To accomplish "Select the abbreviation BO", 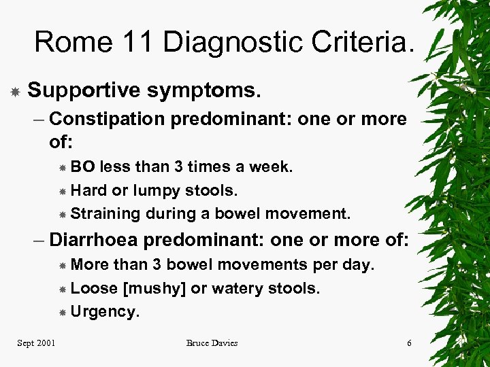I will (x=83, y=167).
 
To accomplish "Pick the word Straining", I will (x=105, y=214).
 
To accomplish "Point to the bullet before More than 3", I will (x=63, y=265).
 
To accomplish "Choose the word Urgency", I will (x=104, y=311).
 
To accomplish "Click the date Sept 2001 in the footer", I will (x=37, y=343).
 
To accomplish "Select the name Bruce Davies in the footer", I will (x=212, y=343).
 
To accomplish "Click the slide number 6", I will (x=409, y=343).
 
